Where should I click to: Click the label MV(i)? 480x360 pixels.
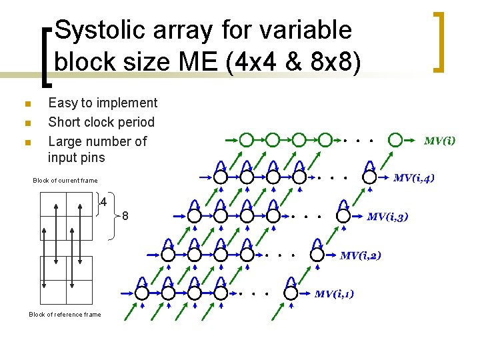pyautogui.click(x=440, y=141)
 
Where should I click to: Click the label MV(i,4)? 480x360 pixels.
pyautogui.click(x=414, y=178)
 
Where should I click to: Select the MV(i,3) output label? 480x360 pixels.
pyautogui.click(x=387, y=217)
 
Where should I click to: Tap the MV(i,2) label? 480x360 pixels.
pyautogui.click(x=361, y=255)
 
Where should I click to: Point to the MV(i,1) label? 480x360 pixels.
pyautogui.click(x=334, y=294)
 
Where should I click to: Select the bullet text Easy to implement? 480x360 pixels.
pyautogui.click(x=103, y=103)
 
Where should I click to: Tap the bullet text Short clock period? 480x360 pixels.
pyautogui.click(x=101, y=122)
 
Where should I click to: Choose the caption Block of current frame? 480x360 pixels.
pyautogui.click(x=65, y=181)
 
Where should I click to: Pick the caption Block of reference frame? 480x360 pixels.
pyautogui.click(x=65, y=315)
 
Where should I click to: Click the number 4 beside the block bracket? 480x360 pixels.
pyautogui.click(x=104, y=201)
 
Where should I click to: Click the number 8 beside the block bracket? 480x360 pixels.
pyautogui.click(x=125, y=217)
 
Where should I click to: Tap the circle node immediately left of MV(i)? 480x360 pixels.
pyautogui.click(x=395, y=140)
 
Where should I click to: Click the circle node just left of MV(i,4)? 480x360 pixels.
pyautogui.click(x=369, y=177)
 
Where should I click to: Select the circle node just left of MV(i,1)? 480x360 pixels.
pyautogui.click(x=291, y=293)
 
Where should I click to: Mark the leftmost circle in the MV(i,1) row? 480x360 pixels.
pyautogui.click(x=142, y=293)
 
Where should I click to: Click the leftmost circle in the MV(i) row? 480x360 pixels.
pyautogui.click(x=247, y=140)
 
